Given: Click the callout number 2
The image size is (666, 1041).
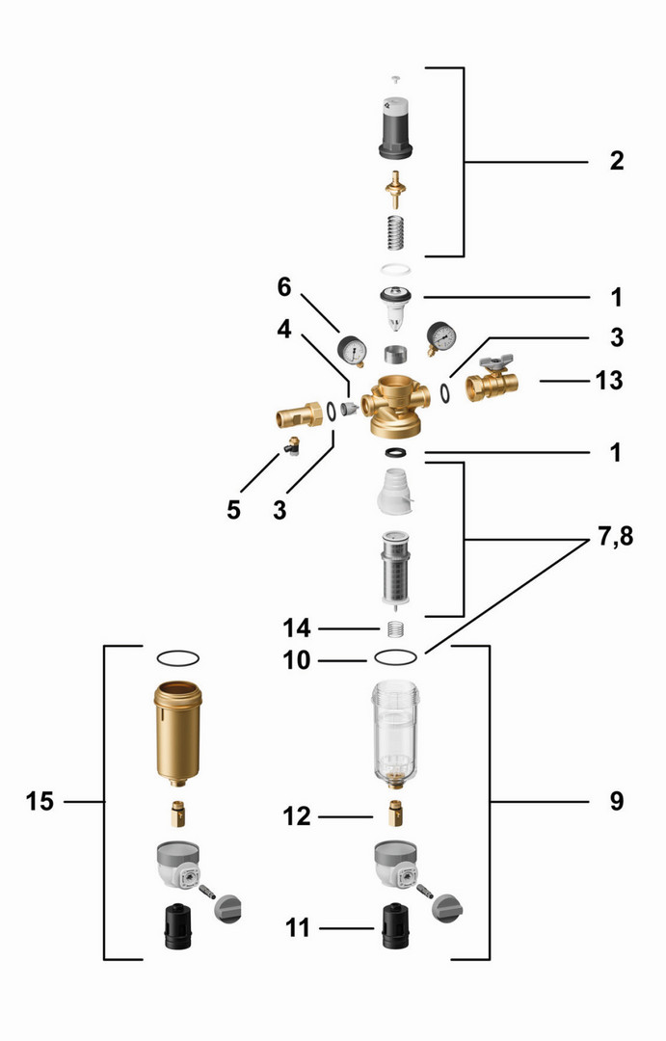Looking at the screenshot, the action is point(617,161).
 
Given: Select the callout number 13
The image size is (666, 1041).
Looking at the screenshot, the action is point(608,381).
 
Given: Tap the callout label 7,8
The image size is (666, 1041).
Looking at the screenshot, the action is point(616,536).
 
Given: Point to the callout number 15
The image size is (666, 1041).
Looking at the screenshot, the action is point(40,801).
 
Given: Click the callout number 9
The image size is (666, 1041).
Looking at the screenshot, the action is point(617,801).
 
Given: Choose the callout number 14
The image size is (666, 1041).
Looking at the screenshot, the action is point(296,627).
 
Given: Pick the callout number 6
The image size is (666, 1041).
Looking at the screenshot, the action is point(284,287).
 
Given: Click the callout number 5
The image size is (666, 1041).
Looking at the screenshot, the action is point(233,510).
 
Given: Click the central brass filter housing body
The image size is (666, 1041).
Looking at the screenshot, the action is point(393,407).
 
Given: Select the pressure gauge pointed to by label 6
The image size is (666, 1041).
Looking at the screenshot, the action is point(352,350).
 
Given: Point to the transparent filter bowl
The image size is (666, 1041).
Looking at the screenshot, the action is point(396,734).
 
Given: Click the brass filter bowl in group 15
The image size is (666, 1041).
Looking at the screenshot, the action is point(177,734).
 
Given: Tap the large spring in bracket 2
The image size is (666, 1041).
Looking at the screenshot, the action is point(396,232).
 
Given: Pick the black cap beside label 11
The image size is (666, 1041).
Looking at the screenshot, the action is point(395,926).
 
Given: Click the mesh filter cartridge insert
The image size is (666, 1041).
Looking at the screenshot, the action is point(396,570).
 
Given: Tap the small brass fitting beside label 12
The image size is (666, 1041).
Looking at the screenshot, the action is point(396,814).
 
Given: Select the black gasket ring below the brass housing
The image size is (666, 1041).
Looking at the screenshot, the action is point(396,453).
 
